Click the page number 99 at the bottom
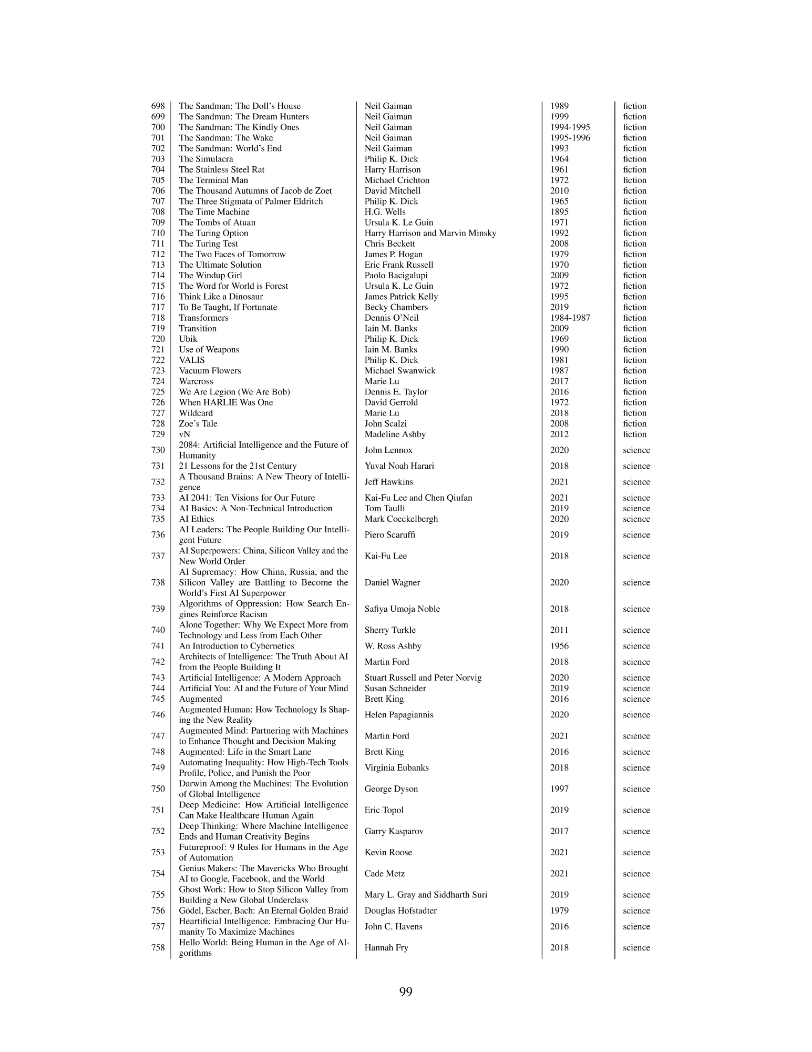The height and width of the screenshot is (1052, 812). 406,992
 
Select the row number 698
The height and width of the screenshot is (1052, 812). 158,106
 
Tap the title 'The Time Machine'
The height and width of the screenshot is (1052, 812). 214,212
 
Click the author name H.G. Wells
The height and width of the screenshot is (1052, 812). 385,212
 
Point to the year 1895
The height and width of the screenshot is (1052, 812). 559,212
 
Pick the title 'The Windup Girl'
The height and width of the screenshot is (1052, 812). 210,276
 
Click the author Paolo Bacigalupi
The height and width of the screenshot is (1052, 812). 396,276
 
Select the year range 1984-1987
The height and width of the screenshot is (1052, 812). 570,318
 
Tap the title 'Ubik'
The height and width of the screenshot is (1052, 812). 188,339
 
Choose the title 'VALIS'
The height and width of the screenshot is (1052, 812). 192,360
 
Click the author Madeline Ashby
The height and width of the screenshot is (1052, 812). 395,434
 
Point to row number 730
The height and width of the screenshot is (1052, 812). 158,450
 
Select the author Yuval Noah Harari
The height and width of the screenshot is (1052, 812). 399,466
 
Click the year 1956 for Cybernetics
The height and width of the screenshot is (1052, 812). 559,646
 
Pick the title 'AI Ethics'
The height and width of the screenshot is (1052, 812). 197,519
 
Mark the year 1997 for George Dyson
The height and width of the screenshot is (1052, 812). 559,789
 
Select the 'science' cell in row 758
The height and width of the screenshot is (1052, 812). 636,948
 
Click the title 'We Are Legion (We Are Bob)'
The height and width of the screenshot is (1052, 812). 234,392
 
